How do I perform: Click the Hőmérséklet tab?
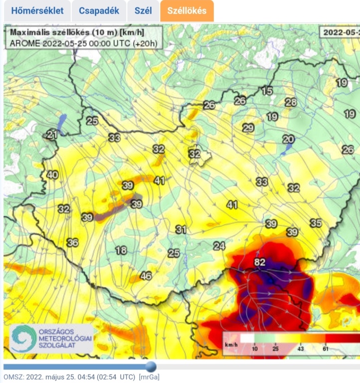37,11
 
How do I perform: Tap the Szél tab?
143,11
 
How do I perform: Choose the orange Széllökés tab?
187,11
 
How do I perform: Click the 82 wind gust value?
259,262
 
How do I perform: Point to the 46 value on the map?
146,276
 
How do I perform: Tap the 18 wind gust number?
121,250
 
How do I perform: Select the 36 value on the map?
73,242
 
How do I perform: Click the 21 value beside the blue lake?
52,134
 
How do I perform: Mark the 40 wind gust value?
52,175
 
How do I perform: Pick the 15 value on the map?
267,91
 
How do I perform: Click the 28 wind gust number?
290,102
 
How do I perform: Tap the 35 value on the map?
316,223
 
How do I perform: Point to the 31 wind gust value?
181,229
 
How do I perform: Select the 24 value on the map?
219,246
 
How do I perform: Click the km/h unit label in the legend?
231,345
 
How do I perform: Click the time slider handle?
150,367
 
